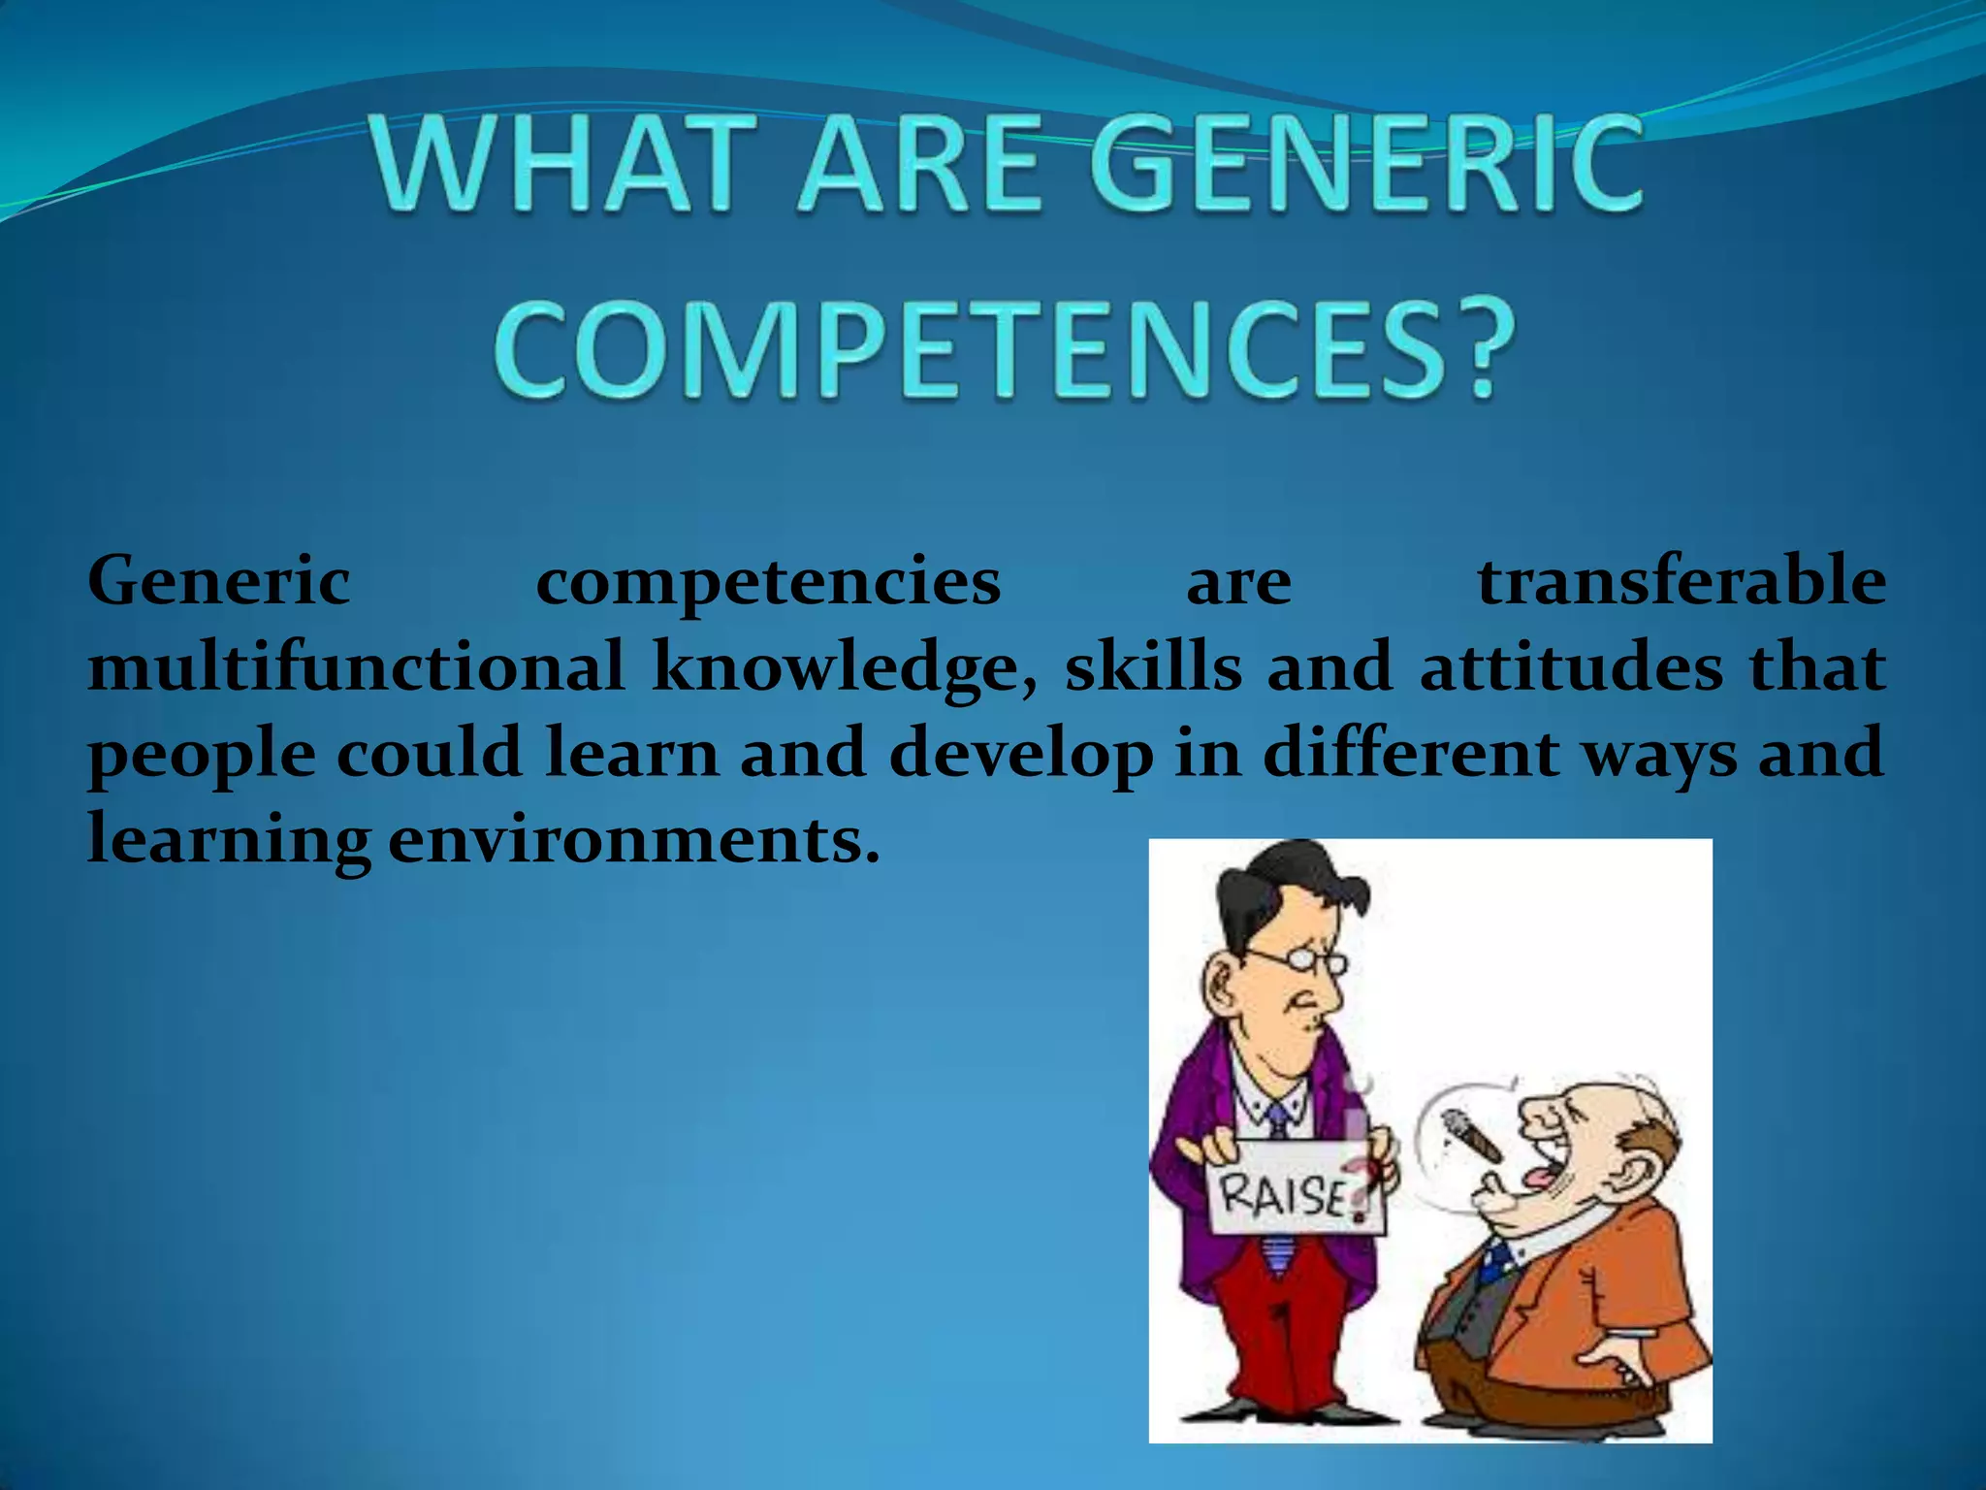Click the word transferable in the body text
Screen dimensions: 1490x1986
click(x=1682, y=581)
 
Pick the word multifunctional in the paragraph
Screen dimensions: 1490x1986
click(x=356, y=667)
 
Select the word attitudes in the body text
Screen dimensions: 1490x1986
click(x=1571, y=667)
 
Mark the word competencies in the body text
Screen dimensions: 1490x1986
click(x=768, y=583)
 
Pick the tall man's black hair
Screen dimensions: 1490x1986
click(x=1280, y=883)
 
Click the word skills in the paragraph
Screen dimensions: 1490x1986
click(x=1153, y=667)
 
